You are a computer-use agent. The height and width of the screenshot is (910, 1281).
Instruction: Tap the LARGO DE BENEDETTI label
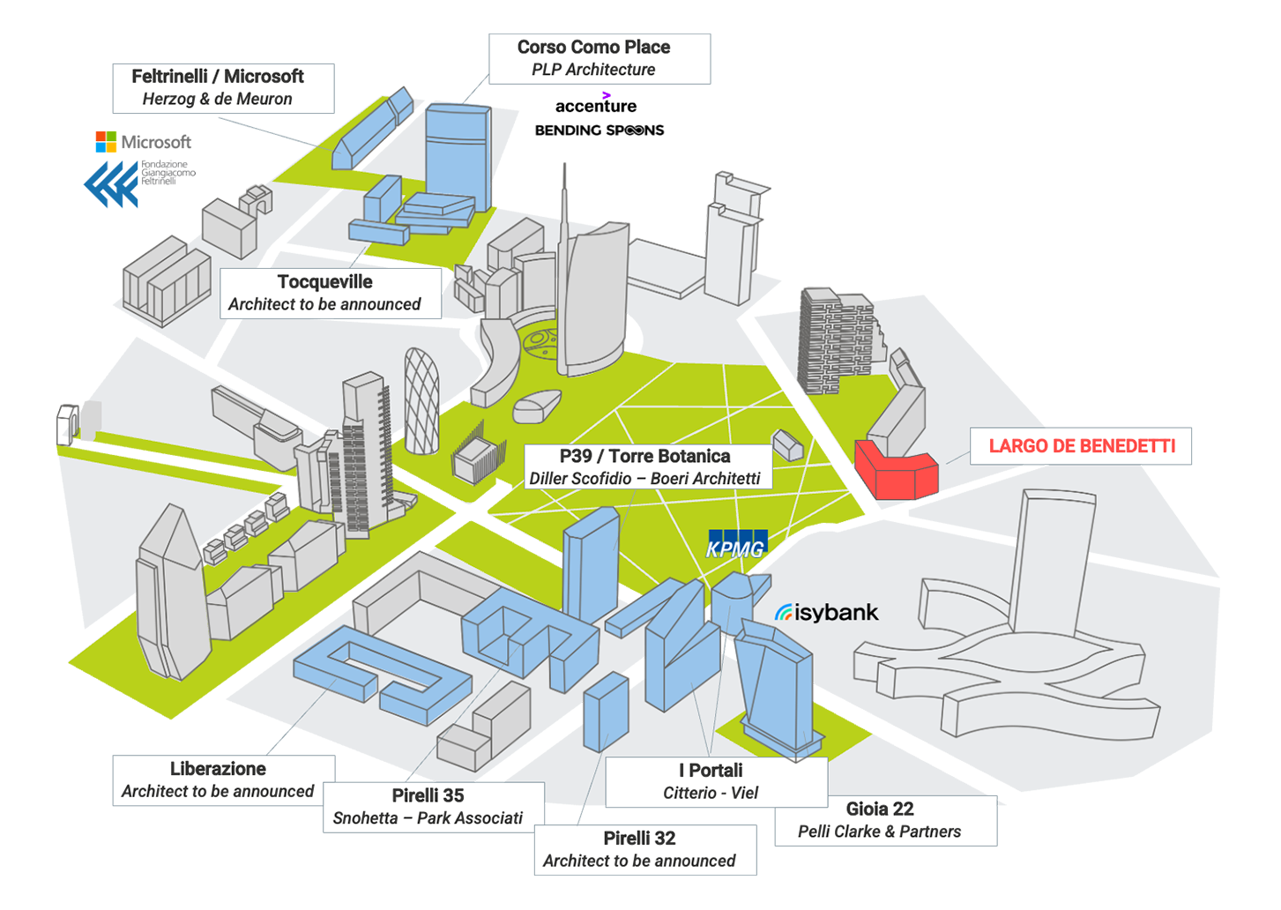click(x=1081, y=446)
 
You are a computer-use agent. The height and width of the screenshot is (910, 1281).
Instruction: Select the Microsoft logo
click(x=143, y=142)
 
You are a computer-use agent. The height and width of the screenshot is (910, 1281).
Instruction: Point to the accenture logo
click(x=596, y=104)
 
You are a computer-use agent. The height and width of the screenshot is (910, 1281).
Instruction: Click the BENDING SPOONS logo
click(x=600, y=131)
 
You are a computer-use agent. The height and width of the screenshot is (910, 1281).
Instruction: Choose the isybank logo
click(x=826, y=613)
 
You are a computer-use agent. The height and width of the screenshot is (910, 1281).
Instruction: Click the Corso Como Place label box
click(x=600, y=59)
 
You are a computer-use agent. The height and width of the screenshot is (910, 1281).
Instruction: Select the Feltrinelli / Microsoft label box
click(x=224, y=88)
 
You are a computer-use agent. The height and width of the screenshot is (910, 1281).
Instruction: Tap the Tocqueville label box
click(x=331, y=294)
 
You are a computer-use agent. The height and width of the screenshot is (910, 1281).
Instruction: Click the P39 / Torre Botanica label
click(x=648, y=466)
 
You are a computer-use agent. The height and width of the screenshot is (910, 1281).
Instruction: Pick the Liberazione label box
click(x=224, y=780)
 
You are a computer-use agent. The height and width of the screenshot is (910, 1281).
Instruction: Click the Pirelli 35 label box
click(x=434, y=807)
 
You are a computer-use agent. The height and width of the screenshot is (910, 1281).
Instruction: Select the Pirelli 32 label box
click(x=645, y=849)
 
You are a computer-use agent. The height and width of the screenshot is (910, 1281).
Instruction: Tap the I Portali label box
click(x=717, y=782)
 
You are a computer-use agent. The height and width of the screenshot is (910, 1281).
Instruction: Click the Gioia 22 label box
click(x=886, y=820)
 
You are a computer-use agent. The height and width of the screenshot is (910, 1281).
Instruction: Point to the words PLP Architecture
click(x=593, y=70)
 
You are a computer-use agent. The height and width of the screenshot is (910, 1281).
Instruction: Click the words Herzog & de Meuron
click(x=217, y=99)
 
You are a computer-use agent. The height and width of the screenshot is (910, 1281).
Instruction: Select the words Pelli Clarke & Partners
click(x=880, y=831)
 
